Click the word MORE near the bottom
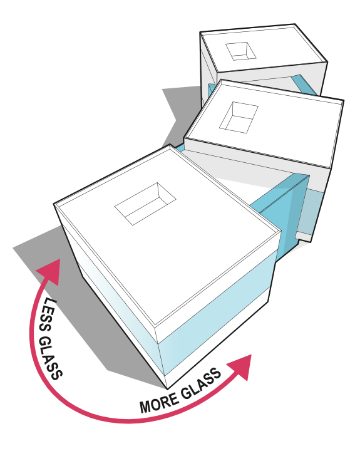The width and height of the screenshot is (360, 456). (158, 402)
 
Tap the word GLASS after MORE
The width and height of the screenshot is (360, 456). (201, 383)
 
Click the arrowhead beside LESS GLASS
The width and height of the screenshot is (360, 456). (49, 271)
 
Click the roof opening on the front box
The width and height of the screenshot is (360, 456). (145, 204)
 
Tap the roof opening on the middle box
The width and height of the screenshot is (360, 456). (239, 118)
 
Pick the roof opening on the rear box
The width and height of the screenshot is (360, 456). (241, 51)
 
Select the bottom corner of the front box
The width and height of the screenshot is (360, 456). (167, 389)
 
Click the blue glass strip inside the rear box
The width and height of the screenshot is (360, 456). (304, 85)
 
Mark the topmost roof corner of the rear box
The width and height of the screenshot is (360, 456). (295, 24)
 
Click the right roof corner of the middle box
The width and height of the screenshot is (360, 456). (344, 101)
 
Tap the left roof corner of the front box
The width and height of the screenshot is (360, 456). (54, 204)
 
